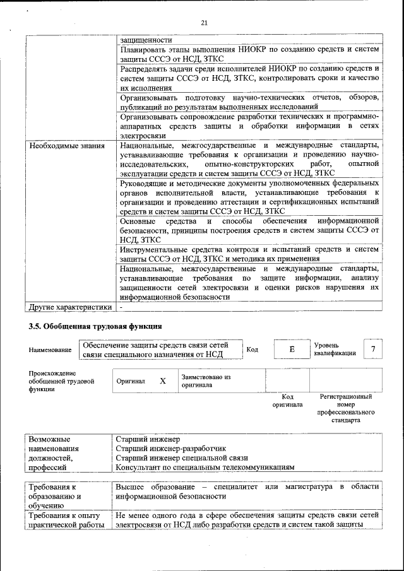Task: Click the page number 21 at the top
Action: (x=204, y=23)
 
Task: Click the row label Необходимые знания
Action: (x=57, y=146)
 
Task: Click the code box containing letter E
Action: (x=292, y=350)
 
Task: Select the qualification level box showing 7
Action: (x=373, y=350)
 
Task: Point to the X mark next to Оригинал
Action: (x=163, y=381)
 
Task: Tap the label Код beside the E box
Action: (x=252, y=350)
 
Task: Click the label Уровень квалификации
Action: (x=335, y=350)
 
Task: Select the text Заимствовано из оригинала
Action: (x=205, y=380)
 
